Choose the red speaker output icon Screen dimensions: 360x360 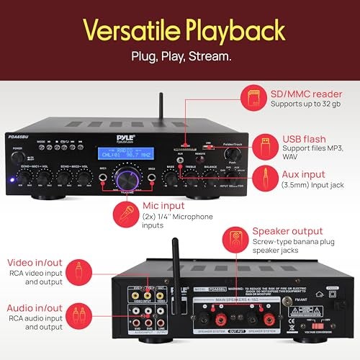click(235, 240)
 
